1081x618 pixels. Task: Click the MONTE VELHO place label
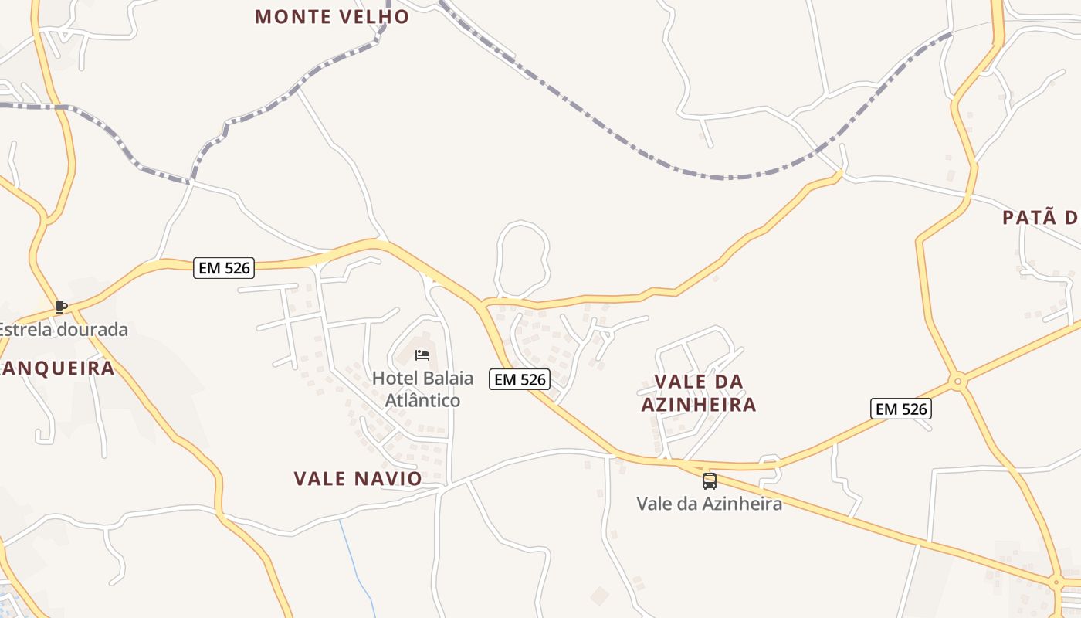(x=332, y=16)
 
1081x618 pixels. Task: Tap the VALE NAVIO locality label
(x=358, y=478)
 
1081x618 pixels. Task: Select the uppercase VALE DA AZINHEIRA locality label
(x=699, y=392)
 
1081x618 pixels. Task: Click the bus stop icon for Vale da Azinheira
(x=709, y=481)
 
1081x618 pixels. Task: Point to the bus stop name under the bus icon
(x=709, y=504)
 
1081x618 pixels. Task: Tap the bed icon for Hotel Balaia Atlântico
(x=422, y=355)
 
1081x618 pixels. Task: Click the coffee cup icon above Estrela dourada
(x=61, y=307)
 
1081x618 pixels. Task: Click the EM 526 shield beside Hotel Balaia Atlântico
(x=520, y=379)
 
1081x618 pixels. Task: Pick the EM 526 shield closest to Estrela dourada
(x=223, y=267)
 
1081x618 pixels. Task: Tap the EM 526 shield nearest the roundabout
(x=901, y=409)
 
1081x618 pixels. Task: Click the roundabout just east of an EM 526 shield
(x=958, y=381)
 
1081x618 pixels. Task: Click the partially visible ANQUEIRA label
(x=58, y=368)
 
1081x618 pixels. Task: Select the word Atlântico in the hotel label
(x=422, y=400)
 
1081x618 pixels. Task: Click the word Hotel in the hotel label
(x=394, y=379)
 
